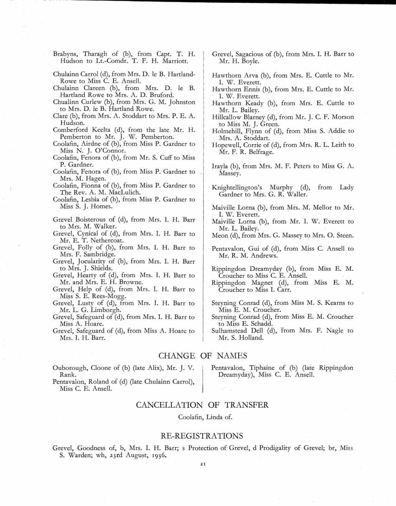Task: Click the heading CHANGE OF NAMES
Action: tap(202, 356)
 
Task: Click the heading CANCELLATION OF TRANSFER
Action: tap(202, 404)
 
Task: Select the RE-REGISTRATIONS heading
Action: tap(202, 436)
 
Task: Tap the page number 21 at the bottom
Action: tap(202, 464)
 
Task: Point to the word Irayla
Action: tap(222, 166)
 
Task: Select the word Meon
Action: tap(220, 235)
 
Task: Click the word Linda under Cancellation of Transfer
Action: tap(212, 417)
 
